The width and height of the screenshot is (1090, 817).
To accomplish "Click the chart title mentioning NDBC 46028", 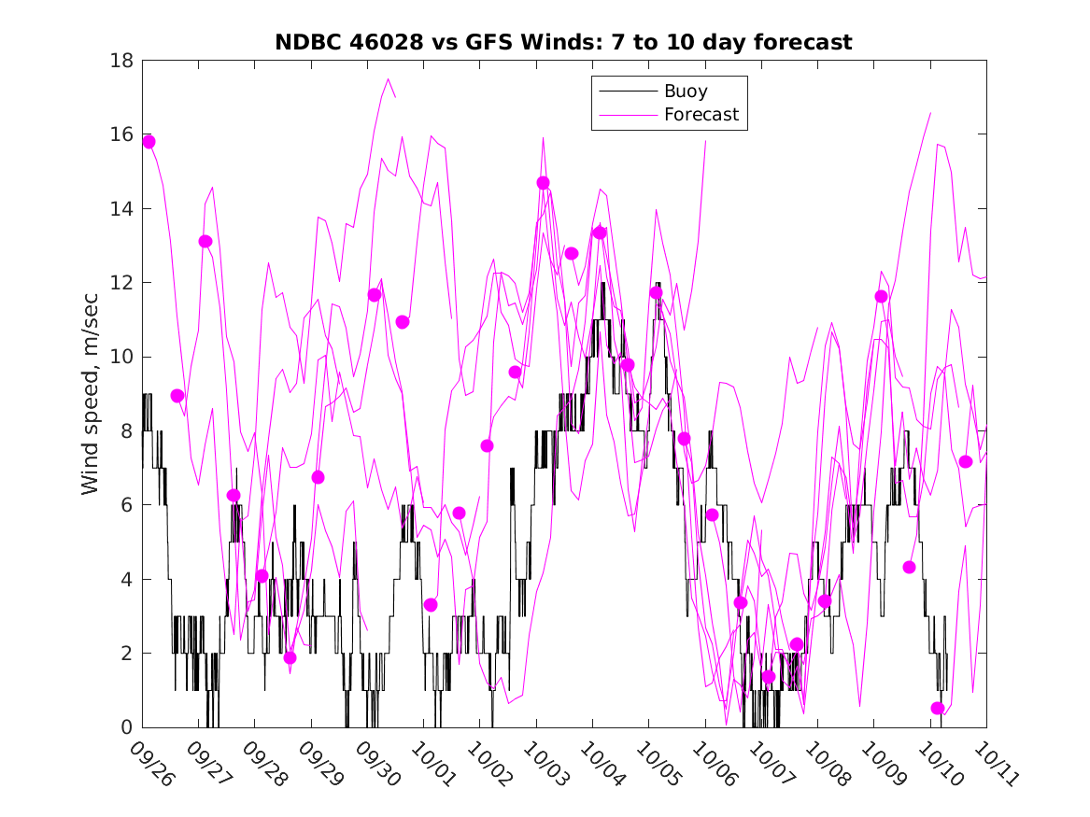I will coord(563,43).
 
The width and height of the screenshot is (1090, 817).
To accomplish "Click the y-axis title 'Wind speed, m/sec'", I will coord(90,394).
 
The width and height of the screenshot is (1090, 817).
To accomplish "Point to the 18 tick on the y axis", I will coord(124,61).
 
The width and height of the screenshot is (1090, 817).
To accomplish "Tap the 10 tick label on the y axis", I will coord(124,357).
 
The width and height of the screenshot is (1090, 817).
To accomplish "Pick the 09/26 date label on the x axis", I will coord(150,763).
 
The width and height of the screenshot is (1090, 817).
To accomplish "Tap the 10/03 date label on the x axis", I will coord(544,763).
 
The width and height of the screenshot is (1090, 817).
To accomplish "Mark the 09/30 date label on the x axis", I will coord(375,763).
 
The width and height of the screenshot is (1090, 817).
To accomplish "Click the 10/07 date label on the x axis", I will coord(769,763).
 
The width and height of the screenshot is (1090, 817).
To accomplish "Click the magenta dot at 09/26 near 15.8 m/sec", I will coord(149,142).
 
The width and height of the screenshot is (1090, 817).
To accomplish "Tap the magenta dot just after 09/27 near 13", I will coord(205,242).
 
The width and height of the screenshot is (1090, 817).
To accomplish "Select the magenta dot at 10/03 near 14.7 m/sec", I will coord(543,183).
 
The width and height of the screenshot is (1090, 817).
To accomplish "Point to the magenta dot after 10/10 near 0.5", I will coord(938,709).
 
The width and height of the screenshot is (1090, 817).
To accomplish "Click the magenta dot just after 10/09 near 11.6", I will coord(881,297).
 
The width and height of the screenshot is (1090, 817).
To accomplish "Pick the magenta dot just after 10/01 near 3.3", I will coord(431,605).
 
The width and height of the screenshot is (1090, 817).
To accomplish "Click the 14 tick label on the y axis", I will coord(124,208).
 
